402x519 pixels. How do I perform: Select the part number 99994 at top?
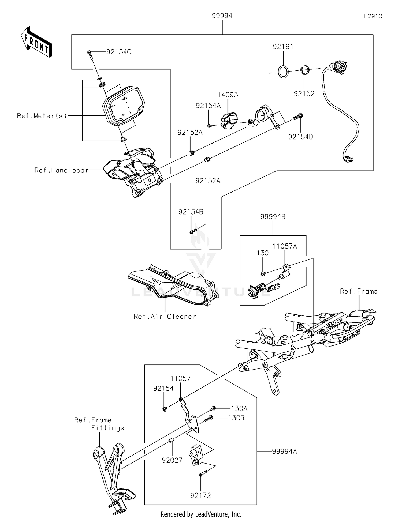(x=222, y=16)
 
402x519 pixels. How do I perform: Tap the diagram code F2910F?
(x=374, y=16)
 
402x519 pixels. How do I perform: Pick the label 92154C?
(x=119, y=52)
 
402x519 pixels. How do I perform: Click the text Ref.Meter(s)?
(x=42, y=116)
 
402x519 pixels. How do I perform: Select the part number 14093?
(x=228, y=95)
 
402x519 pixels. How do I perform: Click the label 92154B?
(x=191, y=212)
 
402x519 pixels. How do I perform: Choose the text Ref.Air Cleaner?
(x=165, y=317)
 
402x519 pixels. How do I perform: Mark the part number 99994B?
(x=273, y=217)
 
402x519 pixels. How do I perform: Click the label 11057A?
(x=285, y=246)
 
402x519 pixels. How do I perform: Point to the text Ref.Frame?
(x=358, y=291)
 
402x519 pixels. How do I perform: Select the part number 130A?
(x=239, y=408)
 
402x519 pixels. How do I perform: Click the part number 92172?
(x=200, y=495)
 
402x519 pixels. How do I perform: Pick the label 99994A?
(x=284, y=451)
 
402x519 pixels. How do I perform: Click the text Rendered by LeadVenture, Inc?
(x=201, y=514)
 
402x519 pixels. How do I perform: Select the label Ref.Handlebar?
(x=61, y=170)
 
